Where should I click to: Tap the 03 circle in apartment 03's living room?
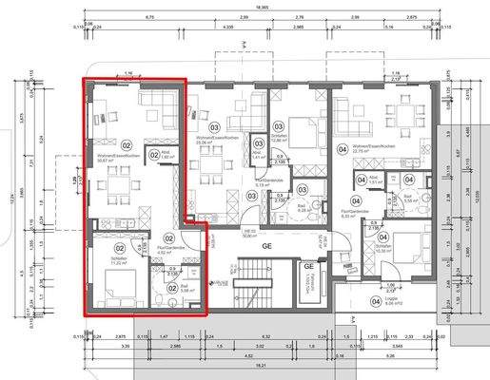(x=215, y=126)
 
